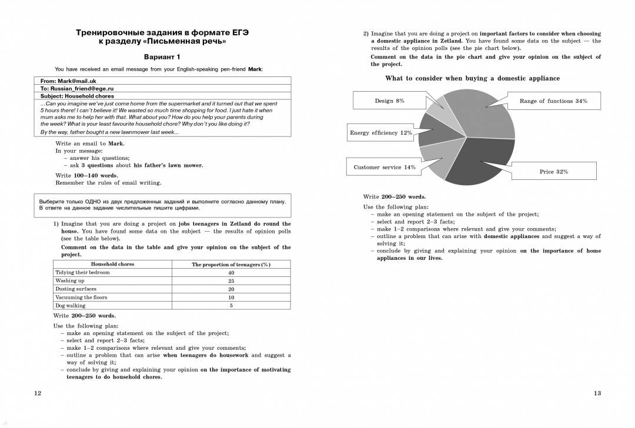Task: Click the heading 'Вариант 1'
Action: click(162, 57)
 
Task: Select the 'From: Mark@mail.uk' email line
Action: click(68, 81)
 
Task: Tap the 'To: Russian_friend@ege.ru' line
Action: click(77, 88)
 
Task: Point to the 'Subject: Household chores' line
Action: click(77, 96)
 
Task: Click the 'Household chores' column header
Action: click(112, 265)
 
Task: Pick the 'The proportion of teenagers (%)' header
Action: click(231, 265)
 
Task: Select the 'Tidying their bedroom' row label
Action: click(82, 273)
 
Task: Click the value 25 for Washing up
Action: click(231, 281)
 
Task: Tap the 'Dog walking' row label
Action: click(71, 306)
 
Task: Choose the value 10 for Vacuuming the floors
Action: click(231, 297)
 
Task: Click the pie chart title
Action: click(472, 78)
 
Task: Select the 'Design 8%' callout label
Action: click(389, 101)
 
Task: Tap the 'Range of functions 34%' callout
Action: click(553, 101)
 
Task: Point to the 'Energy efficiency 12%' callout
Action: click(381, 133)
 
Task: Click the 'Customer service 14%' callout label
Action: click(385, 168)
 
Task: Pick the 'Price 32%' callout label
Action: click(553, 172)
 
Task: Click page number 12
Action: click(38, 393)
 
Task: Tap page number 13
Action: click(597, 393)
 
